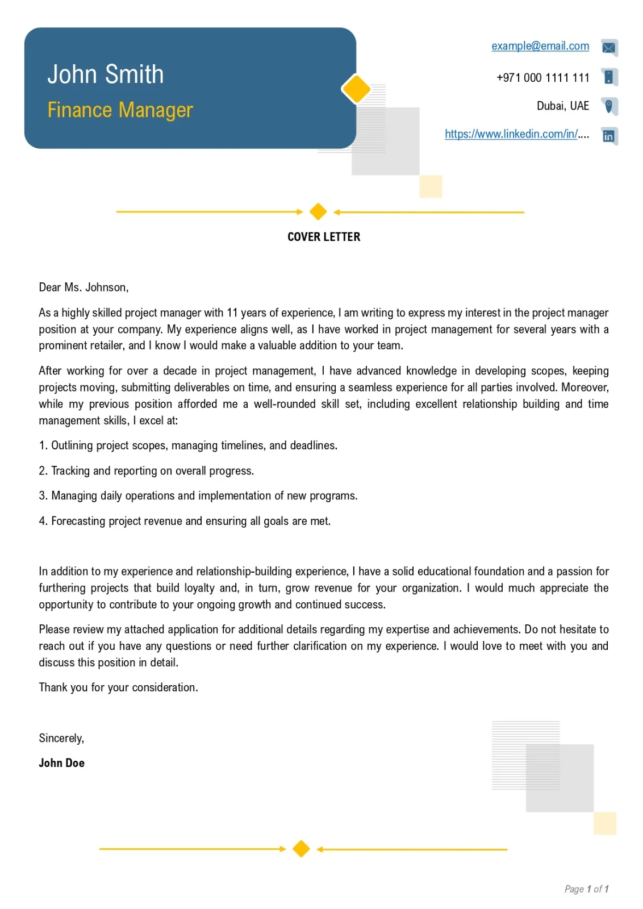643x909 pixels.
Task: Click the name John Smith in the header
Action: (105, 74)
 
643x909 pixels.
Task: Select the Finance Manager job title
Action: (120, 110)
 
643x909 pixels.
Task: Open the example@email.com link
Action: (540, 46)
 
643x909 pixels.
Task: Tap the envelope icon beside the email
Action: (609, 47)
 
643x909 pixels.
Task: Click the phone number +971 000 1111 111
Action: (542, 78)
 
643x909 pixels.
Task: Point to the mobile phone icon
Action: (609, 77)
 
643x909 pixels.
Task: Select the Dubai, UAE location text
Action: (562, 106)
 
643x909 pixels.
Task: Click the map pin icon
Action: (609, 106)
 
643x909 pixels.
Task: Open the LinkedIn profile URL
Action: (516, 134)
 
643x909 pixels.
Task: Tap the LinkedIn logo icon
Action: (609, 136)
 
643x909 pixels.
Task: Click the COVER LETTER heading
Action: (324, 237)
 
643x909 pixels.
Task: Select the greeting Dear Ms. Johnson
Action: (83, 287)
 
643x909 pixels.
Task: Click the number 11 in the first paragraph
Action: (232, 313)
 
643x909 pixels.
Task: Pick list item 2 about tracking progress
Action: (147, 471)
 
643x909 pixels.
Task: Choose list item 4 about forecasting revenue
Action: (185, 521)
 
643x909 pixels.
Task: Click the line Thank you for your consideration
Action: (118, 687)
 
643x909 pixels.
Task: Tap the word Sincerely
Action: (61, 738)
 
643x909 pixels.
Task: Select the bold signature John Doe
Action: (61, 763)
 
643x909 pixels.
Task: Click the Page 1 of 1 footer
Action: (586, 889)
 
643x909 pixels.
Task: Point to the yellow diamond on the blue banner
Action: (356, 89)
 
